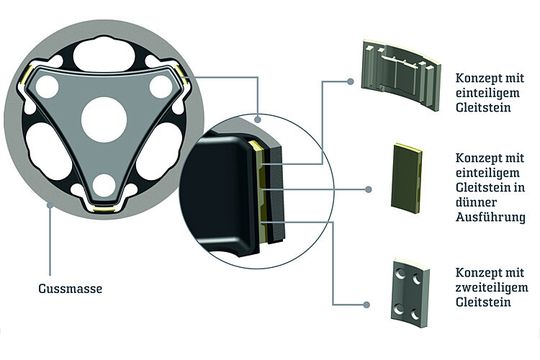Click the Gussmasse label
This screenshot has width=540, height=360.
click(70, 288)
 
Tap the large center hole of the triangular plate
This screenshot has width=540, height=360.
click(104, 120)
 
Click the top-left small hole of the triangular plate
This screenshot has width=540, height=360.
click(47, 86)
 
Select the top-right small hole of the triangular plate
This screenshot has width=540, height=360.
click(161, 86)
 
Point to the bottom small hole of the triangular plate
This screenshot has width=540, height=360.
click(104, 185)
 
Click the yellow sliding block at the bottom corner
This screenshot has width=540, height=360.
click(104, 209)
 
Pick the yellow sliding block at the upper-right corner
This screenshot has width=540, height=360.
click(181, 75)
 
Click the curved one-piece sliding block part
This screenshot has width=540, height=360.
click(401, 75)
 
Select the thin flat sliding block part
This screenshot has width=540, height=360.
click(406, 178)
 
